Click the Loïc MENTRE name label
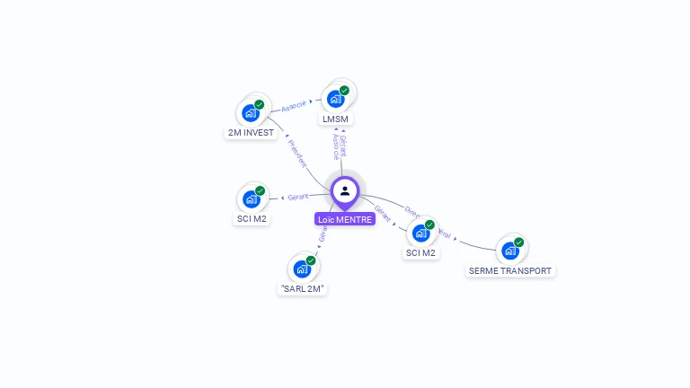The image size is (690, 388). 345,219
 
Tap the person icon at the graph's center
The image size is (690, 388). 345,190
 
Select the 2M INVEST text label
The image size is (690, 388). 250,133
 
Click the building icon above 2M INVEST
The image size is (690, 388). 250,114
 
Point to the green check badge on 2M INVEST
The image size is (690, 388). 260,105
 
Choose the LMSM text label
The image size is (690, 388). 335,119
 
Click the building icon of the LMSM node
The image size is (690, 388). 335,100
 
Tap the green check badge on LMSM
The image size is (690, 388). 344,91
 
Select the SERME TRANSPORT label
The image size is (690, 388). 510,270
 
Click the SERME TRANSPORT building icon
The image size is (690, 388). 509,251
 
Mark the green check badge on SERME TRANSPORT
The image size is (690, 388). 519,242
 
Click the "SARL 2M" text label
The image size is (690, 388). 302,289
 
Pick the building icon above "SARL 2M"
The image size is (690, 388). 301,269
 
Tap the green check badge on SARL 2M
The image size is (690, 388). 311,260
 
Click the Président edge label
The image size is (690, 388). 297,154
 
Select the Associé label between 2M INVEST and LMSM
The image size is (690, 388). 294,106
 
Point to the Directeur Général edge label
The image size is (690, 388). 428,223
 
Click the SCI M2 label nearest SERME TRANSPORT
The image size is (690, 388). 420,252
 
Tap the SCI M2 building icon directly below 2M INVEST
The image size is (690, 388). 251,199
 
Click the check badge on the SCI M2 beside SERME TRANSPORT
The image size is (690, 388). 429,225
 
